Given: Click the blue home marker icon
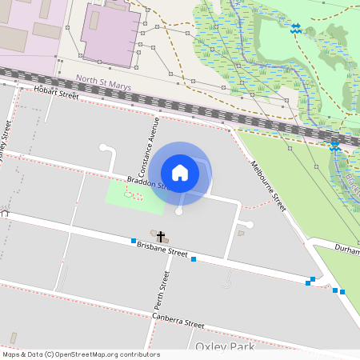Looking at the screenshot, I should [180, 172].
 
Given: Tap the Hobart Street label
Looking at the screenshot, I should [57, 94].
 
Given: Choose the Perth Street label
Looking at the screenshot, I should [163, 289].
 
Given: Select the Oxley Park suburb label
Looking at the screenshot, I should [225, 346].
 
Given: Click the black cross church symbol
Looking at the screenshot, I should [161, 236].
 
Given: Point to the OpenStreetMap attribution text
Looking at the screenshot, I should [80, 354].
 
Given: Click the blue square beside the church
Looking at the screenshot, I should [133, 241].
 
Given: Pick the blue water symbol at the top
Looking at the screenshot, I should [295, 28].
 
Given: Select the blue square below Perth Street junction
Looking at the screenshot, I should [194, 259].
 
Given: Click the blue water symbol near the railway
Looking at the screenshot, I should [334, 146].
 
